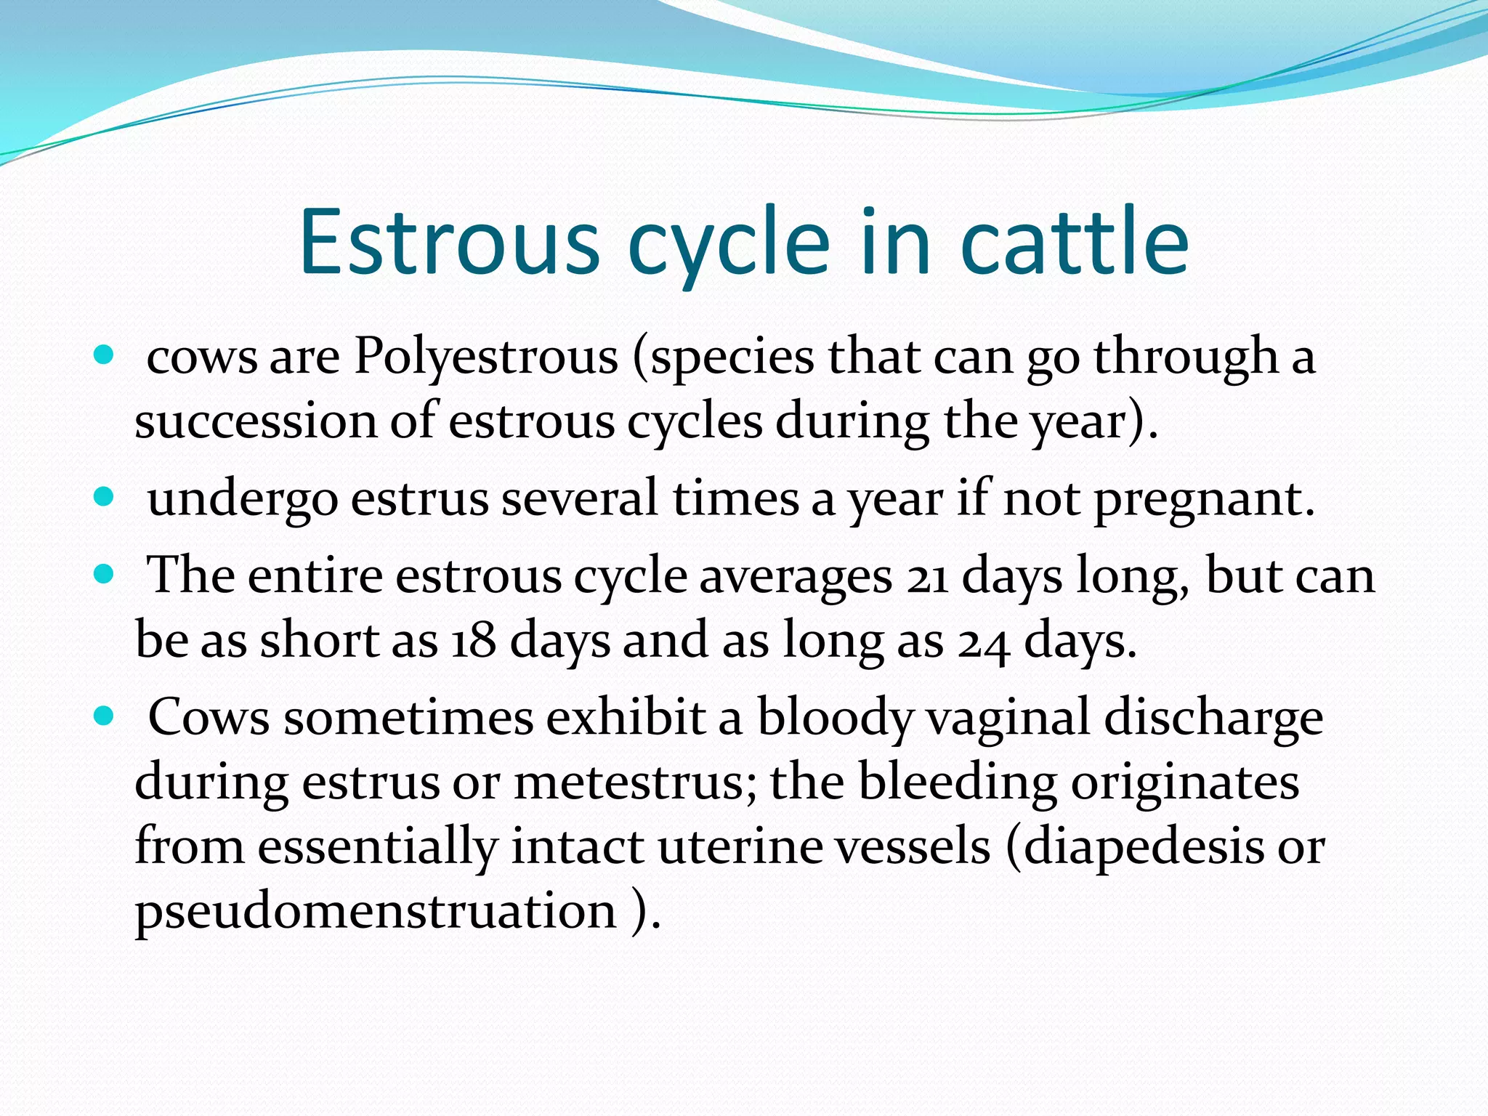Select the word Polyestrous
pos(485,357)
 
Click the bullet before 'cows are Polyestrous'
pos(105,355)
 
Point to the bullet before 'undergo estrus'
pos(105,497)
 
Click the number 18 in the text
pos(473,642)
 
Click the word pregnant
pos(1204,500)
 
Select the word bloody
pos(834,719)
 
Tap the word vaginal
pos(1008,719)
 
